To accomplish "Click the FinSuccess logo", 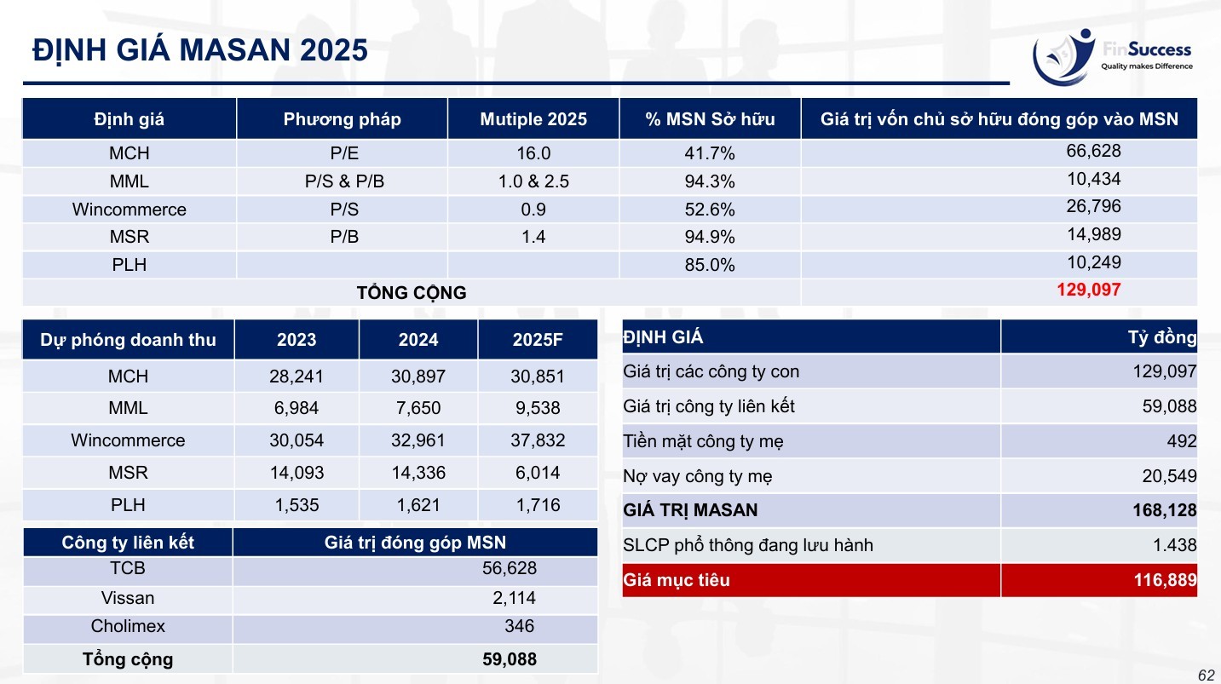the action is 1112,57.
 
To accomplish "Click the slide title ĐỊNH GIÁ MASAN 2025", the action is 200,50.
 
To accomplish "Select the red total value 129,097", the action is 1089,290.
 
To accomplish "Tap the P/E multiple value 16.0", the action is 533,153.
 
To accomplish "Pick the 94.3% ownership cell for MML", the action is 710,181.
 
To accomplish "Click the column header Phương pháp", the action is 342,118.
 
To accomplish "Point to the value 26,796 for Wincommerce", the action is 1093,206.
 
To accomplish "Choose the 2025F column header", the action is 538,340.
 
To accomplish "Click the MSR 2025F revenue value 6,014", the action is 538,472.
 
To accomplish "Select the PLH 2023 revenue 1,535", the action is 297,504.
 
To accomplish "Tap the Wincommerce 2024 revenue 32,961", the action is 418,440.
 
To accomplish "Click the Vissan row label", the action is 128,598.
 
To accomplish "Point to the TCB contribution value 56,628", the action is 510,568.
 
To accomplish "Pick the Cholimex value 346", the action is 519,626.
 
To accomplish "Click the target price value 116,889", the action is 1166,579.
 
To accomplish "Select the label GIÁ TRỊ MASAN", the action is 690,509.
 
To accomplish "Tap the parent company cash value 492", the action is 1182,440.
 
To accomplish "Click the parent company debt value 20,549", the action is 1170,476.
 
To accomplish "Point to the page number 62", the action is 1207,675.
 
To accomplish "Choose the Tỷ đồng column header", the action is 1162,337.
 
